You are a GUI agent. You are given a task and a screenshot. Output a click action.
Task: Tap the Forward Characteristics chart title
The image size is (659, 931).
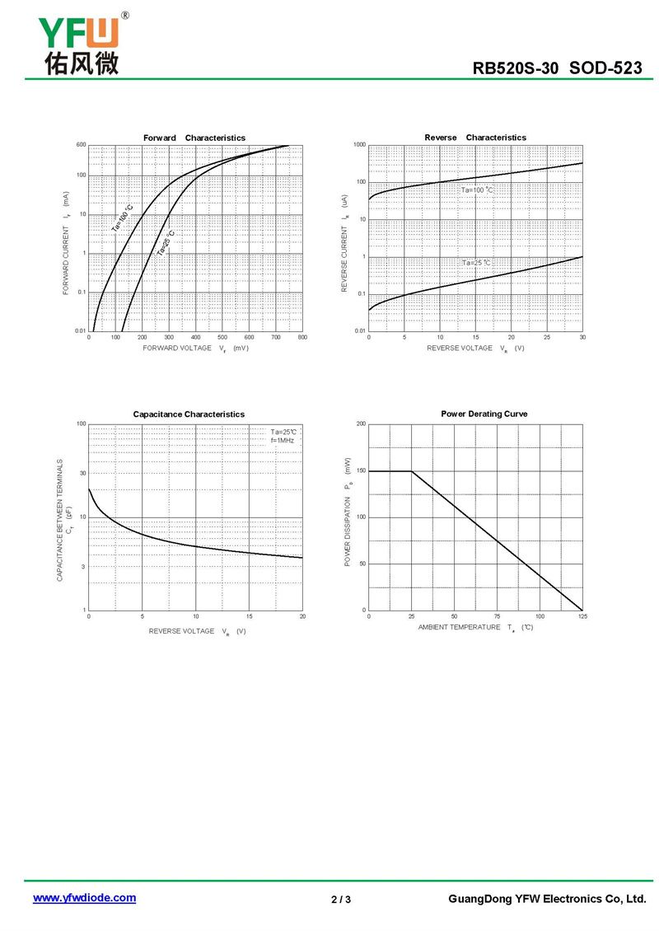tap(194, 138)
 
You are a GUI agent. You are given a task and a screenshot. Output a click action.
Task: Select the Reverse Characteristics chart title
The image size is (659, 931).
tap(475, 138)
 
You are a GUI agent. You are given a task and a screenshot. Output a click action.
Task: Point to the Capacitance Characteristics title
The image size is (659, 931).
tap(189, 414)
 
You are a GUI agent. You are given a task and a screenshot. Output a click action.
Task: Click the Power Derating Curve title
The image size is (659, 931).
tap(484, 414)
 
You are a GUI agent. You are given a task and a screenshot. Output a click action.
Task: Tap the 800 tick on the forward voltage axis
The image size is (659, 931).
tap(302, 338)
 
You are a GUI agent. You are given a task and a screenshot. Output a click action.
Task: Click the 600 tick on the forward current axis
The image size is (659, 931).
tap(81, 145)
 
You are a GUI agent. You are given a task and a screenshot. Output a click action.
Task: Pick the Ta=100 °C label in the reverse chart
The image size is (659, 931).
tap(477, 190)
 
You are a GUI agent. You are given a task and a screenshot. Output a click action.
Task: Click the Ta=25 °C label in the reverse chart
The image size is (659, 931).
tap(476, 263)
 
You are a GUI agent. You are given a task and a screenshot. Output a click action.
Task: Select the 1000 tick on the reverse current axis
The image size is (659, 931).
tap(359, 145)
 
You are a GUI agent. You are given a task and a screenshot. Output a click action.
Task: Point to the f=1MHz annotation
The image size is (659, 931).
tap(283, 441)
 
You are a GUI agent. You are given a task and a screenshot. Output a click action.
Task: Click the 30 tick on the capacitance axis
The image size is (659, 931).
tap(82, 473)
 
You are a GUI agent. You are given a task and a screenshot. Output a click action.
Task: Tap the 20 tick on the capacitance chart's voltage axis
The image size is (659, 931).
tap(302, 616)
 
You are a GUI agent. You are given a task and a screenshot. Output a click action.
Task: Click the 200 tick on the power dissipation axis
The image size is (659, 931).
tap(361, 423)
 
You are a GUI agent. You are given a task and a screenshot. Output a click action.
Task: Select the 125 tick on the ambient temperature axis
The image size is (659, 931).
tap(582, 616)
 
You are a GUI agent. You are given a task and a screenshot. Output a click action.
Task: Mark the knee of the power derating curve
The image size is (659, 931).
tap(412, 471)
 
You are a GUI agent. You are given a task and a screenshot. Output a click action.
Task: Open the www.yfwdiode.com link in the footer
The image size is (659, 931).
tap(84, 898)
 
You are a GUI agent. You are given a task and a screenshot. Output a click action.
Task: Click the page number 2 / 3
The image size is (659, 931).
tap(341, 899)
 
